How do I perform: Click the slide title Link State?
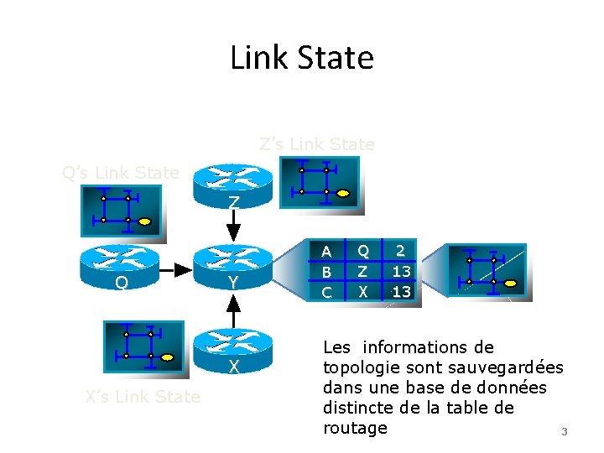302,58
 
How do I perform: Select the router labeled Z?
233,185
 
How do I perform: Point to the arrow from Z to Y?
234,226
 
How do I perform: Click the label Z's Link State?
317,144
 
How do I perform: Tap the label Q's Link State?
121,173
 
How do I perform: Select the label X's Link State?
143,397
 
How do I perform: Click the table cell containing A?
327,250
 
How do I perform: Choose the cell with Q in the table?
362,250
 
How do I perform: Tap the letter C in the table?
327,292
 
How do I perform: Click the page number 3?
564,432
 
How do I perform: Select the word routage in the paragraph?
355,428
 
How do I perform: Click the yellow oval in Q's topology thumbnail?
145,221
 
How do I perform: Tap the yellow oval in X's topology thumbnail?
168,357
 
